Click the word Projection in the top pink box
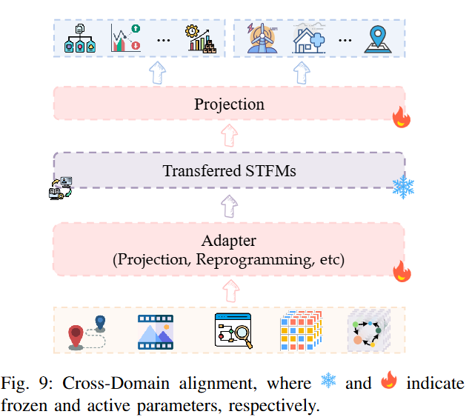(229, 104)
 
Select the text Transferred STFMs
(229, 170)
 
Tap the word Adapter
(229, 241)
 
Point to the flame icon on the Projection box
(402, 117)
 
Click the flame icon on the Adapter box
(402, 271)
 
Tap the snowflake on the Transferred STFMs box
(403, 187)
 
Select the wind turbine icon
(262, 39)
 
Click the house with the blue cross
(309, 39)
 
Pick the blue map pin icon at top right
(378, 39)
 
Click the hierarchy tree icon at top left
(80, 39)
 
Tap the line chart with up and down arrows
(126, 38)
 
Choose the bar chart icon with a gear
(201, 39)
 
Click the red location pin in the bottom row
(76, 337)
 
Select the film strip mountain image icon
(156, 332)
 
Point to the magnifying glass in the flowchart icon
(244, 336)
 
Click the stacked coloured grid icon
(302, 330)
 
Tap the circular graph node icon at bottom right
(368, 331)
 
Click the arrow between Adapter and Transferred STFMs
(230, 206)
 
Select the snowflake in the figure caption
(328, 380)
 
